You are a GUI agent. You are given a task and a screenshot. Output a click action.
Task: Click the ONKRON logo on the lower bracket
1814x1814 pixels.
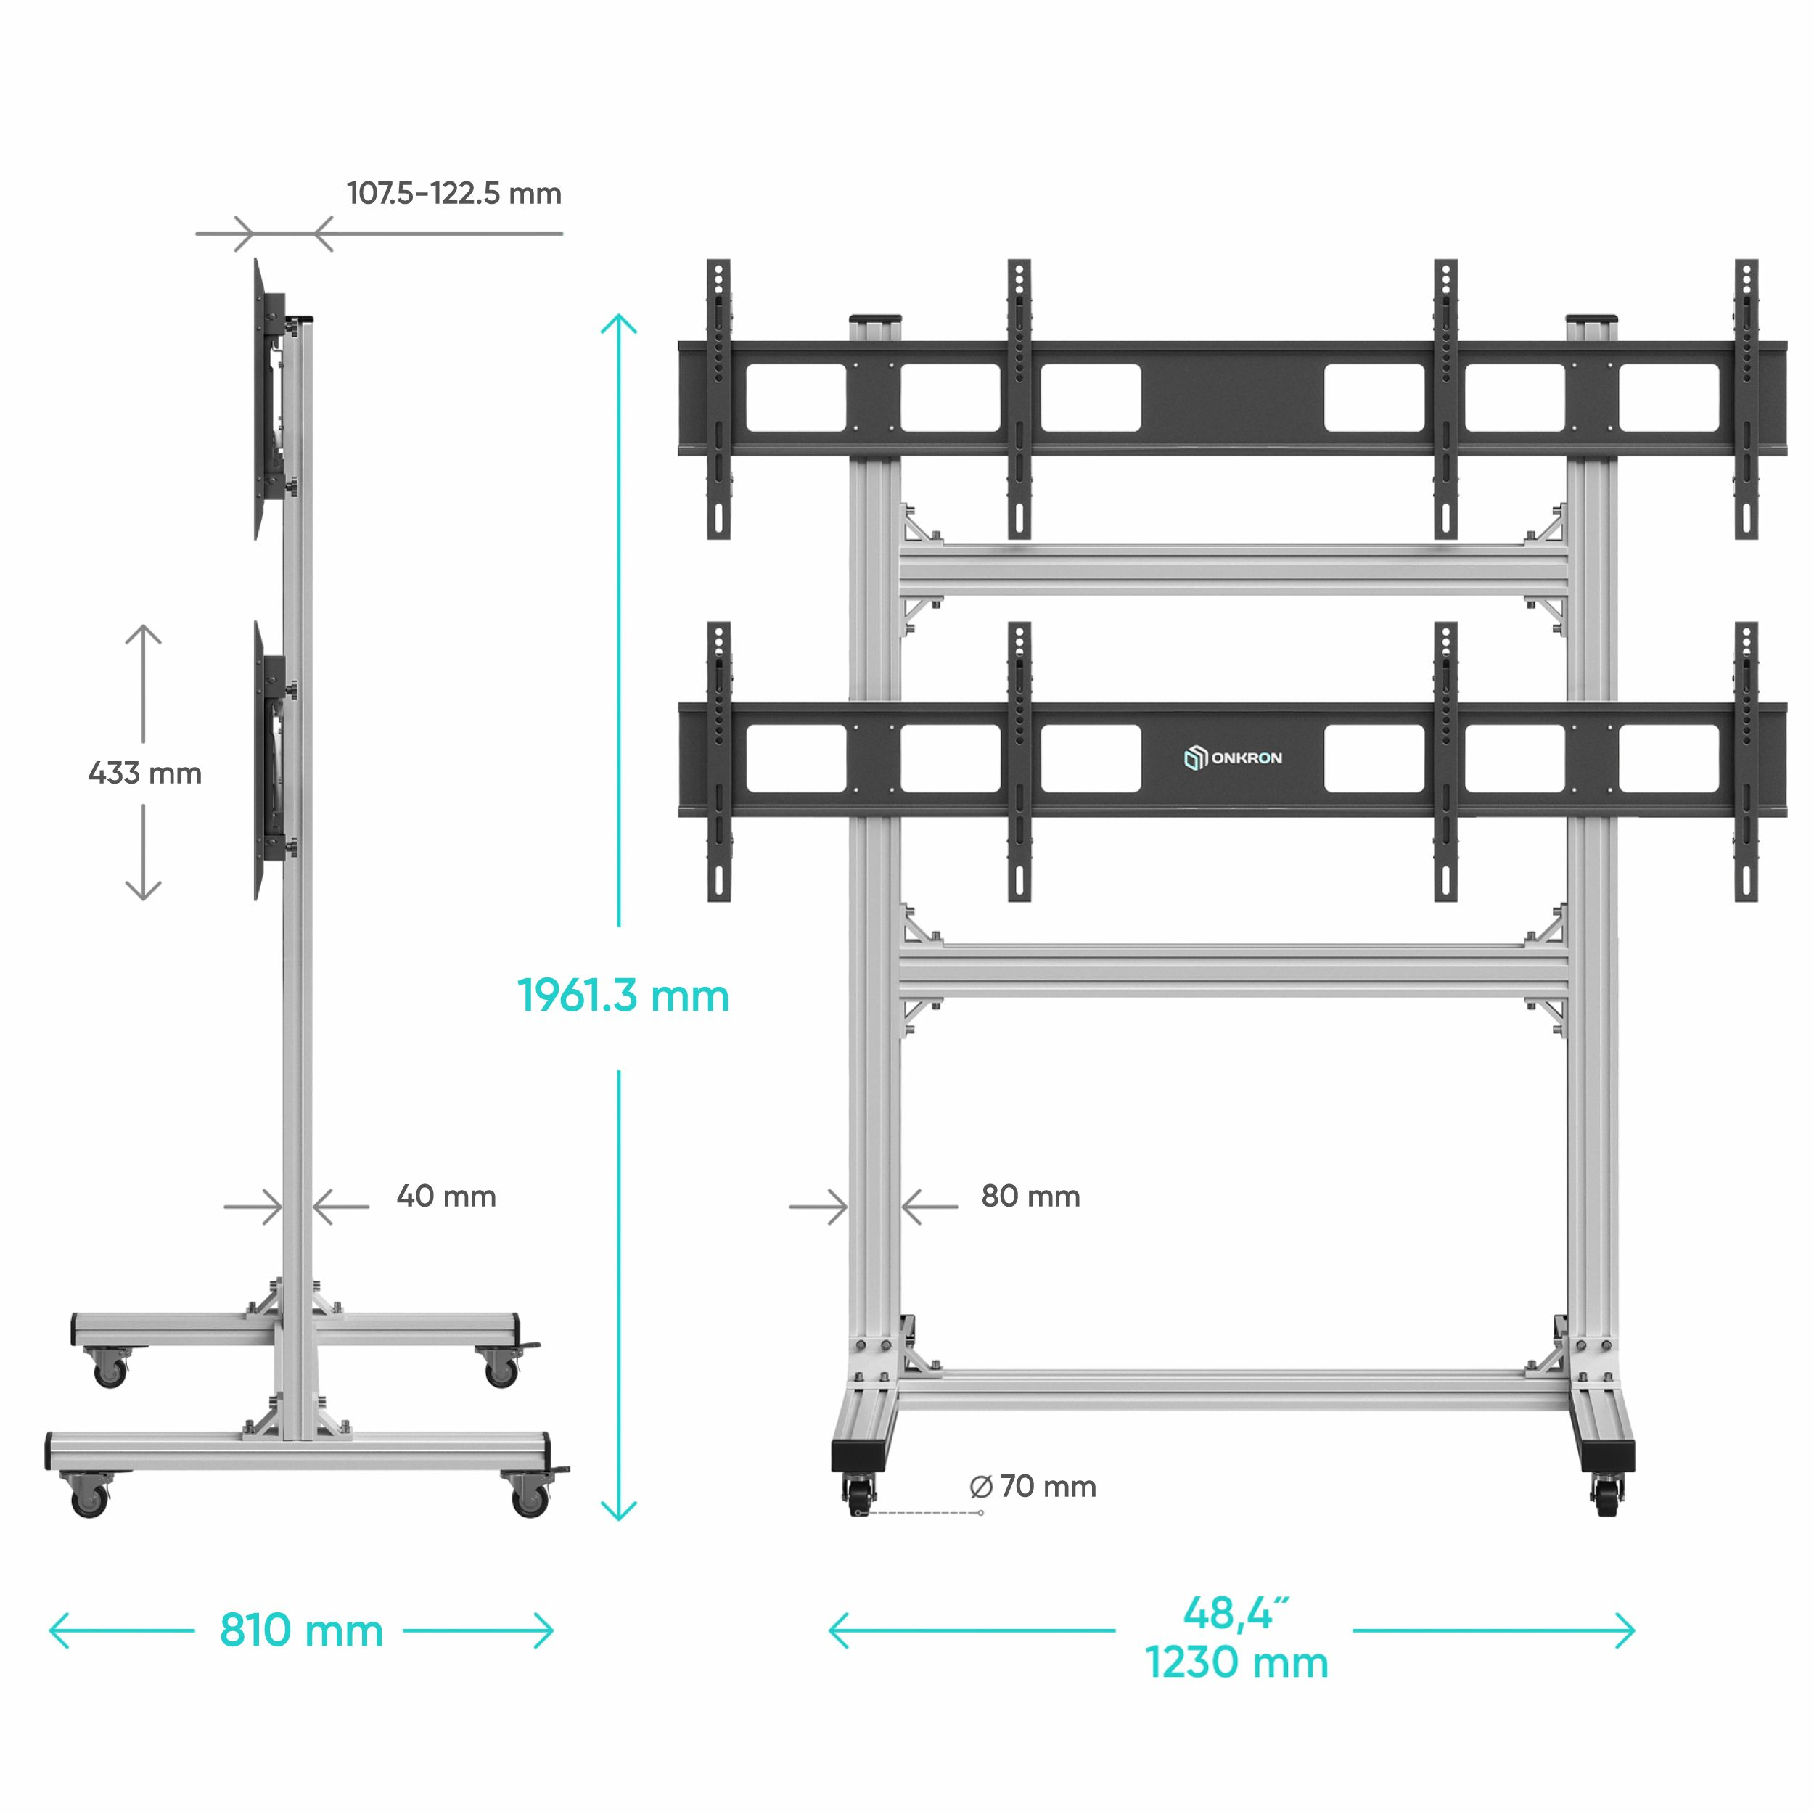point(1233,758)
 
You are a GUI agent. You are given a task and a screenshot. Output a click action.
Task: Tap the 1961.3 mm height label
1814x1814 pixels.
point(623,996)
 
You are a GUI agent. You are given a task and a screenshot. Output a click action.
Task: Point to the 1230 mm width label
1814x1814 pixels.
point(1236,1663)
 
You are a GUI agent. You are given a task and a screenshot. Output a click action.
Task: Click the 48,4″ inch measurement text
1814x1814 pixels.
point(1236,1613)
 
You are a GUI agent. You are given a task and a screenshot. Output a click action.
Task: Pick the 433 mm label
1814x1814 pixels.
point(144,773)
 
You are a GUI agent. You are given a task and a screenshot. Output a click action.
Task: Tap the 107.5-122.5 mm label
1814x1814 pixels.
point(454,194)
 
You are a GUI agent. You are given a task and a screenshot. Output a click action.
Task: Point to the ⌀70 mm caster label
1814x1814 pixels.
point(1032,1486)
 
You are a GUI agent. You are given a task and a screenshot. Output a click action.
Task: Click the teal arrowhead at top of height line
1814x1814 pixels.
point(619,324)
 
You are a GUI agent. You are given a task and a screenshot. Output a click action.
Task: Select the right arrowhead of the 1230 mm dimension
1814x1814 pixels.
point(1625,1630)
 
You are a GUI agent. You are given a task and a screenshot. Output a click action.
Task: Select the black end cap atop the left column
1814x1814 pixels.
point(875,319)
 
